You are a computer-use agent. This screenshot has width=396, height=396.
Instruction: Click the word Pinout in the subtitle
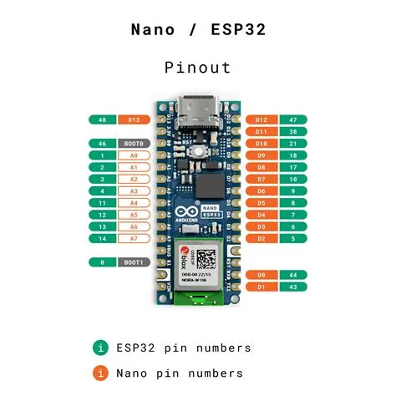pos(198,67)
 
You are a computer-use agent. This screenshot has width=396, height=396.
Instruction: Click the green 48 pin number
pos(101,120)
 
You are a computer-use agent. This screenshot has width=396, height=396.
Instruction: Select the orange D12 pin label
pos(261,120)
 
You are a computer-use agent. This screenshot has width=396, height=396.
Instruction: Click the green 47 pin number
pos(292,120)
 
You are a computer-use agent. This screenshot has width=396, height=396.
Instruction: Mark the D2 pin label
pos(261,239)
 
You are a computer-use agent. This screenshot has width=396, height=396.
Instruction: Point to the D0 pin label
pos(261,275)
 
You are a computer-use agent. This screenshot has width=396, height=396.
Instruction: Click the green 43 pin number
pos(292,287)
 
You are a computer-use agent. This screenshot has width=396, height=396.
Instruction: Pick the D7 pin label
pos(261,180)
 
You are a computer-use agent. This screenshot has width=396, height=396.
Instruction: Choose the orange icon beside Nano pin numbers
pos(101,373)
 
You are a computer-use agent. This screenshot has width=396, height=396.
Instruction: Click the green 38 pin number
pos(292,132)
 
